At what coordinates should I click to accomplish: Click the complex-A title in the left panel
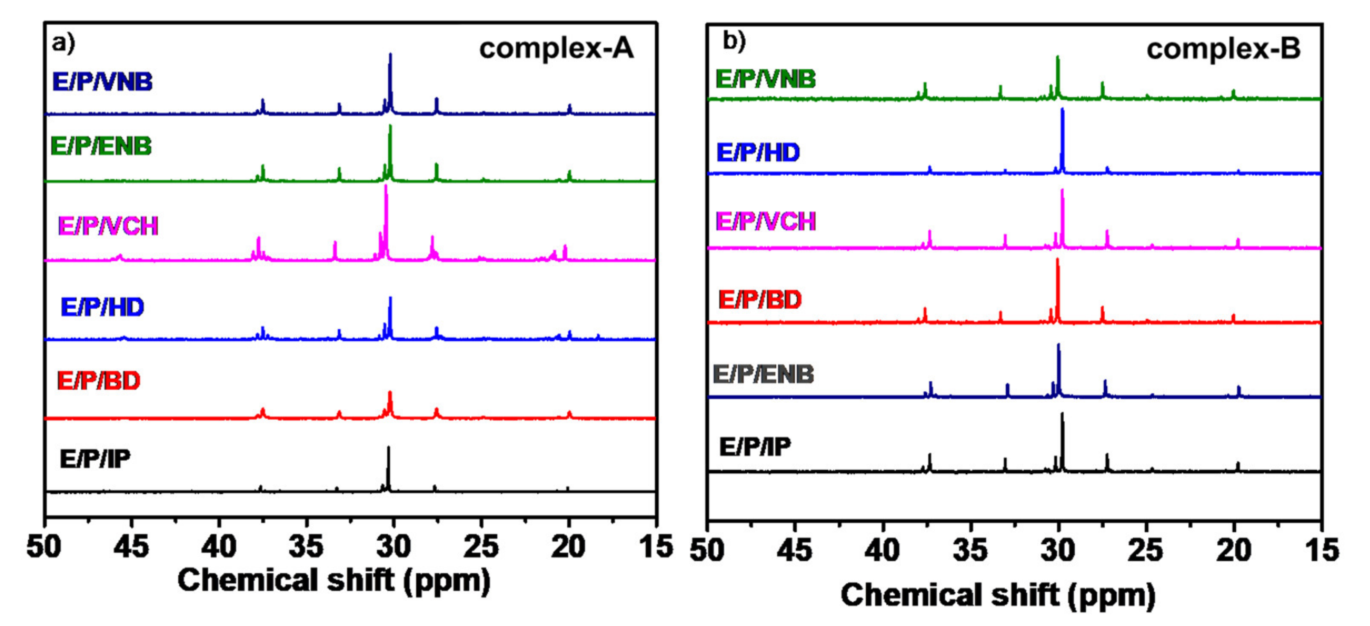click(x=556, y=49)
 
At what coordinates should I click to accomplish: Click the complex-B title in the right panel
click(x=1223, y=49)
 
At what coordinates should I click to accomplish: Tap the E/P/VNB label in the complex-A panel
click(x=102, y=82)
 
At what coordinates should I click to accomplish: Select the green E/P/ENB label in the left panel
click(x=101, y=146)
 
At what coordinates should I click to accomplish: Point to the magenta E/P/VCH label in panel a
click(x=108, y=226)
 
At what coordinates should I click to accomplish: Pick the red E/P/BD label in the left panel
click(x=99, y=381)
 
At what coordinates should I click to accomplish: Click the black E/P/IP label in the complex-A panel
click(x=95, y=459)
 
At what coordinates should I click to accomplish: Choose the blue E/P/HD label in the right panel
click(x=758, y=153)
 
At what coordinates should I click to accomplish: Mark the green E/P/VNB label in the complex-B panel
click(x=765, y=79)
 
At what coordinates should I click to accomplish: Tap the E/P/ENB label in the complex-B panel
click(x=763, y=374)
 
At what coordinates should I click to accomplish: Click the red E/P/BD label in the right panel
click(x=760, y=300)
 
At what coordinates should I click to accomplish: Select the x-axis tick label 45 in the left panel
click(x=131, y=546)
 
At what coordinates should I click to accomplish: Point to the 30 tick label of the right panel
click(x=1058, y=550)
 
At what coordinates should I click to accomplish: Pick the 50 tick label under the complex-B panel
click(x=707, y=550)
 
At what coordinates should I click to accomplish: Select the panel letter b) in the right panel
click(x=734, y=41)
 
